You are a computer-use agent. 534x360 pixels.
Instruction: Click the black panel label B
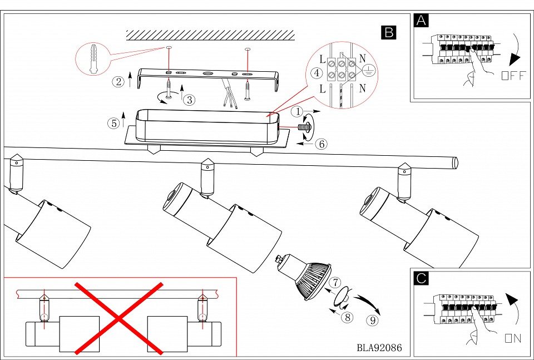click(388, 32)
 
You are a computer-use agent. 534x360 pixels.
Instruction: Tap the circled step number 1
click(298, 111)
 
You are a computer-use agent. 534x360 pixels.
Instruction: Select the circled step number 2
click(118, 82)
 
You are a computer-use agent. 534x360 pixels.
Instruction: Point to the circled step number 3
click(190, 100)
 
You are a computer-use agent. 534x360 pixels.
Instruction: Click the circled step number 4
click(316, 73)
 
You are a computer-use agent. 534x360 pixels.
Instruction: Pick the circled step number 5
click(113, 123)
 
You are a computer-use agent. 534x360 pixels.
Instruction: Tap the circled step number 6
click(321, 143)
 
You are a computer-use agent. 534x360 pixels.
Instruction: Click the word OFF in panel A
click(512, 76)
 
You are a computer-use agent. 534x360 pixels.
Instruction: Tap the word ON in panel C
click(513, 338)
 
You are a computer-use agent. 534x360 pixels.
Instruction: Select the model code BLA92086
click(379, 348)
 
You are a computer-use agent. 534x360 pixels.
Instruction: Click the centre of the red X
click(119, 318)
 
